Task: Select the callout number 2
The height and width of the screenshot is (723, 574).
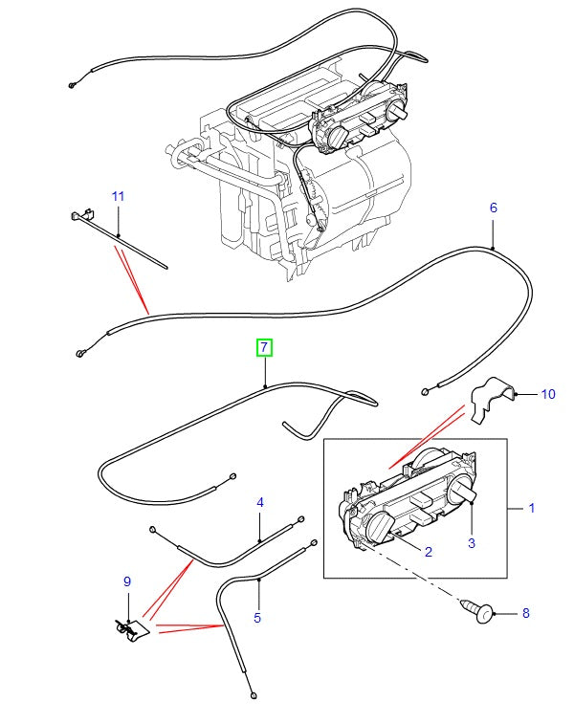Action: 428,551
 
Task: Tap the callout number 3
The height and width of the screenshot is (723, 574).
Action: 471,543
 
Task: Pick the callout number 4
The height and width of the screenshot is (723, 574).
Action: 259,502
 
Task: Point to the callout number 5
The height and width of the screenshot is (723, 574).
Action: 256,619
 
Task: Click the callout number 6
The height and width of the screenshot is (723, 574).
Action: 494,208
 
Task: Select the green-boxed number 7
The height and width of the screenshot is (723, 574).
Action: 264,347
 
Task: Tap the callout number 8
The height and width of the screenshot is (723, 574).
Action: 523,612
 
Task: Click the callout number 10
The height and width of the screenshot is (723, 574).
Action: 547,393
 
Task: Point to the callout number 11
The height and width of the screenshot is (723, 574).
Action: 118,196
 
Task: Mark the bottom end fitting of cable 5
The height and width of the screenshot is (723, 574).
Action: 251,693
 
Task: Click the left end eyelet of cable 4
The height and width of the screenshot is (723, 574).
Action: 152,528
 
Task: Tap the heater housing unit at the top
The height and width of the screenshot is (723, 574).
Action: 306,172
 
